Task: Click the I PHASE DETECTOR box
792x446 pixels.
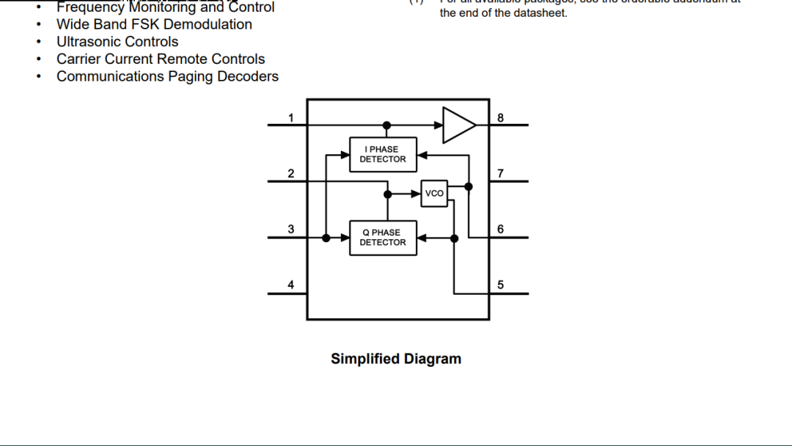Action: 383,154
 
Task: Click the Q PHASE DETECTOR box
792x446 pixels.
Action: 383,238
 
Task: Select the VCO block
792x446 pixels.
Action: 434,194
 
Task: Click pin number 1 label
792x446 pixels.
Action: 291,118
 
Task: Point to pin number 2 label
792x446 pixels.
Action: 291,174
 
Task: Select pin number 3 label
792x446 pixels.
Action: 291,230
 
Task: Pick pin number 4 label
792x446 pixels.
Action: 291,285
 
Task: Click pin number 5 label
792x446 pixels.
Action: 501,285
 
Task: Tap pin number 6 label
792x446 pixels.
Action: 501,230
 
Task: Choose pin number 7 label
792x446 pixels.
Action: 501,174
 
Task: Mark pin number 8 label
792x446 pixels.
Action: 501,118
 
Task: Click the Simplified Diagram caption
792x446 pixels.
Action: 396,359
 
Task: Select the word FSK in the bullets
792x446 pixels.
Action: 145,24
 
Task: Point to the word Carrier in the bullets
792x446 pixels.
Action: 78,59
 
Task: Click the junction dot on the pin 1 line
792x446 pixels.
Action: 387,125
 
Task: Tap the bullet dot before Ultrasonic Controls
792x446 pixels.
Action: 38,43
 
